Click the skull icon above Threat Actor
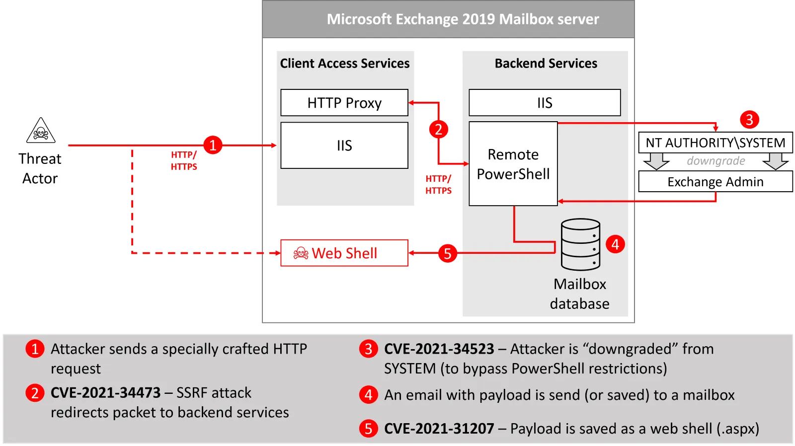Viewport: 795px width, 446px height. [x=41, y=131]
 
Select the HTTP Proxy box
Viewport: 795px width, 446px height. [x=344, y=103]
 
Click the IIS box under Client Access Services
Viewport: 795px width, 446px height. [x=344, y=146]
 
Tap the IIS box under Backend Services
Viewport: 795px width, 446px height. [x=545, y=103]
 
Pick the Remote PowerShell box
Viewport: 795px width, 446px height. [x=513, y=164]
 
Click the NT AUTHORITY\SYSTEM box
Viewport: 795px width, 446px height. [x=715, y=143]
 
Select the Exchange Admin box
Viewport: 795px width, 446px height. [x=715, y=182]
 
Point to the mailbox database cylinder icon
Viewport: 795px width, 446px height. [x=580, y=244]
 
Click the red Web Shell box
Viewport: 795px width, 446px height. [x=344, y=253]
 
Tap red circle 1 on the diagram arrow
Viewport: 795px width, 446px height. [x=213, y=145]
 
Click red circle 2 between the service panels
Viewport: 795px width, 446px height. [x=438, y=130]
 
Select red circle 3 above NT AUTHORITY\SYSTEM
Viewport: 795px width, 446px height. [x=749, y=119]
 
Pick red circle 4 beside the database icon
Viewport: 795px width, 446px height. [x=615, y=244]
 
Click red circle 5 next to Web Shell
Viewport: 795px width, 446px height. [x=447, y=253]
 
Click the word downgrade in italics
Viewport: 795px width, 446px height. [x=715, y=161]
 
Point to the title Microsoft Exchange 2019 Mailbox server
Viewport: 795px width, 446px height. [x=463, y=19]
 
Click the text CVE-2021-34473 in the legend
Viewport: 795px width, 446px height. [x=105, y=393]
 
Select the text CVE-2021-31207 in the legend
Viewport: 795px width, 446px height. [x=439, y=429]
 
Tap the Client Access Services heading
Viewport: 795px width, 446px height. [x=345, y=64]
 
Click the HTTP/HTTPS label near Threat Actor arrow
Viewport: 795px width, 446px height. [x=184, y=161]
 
